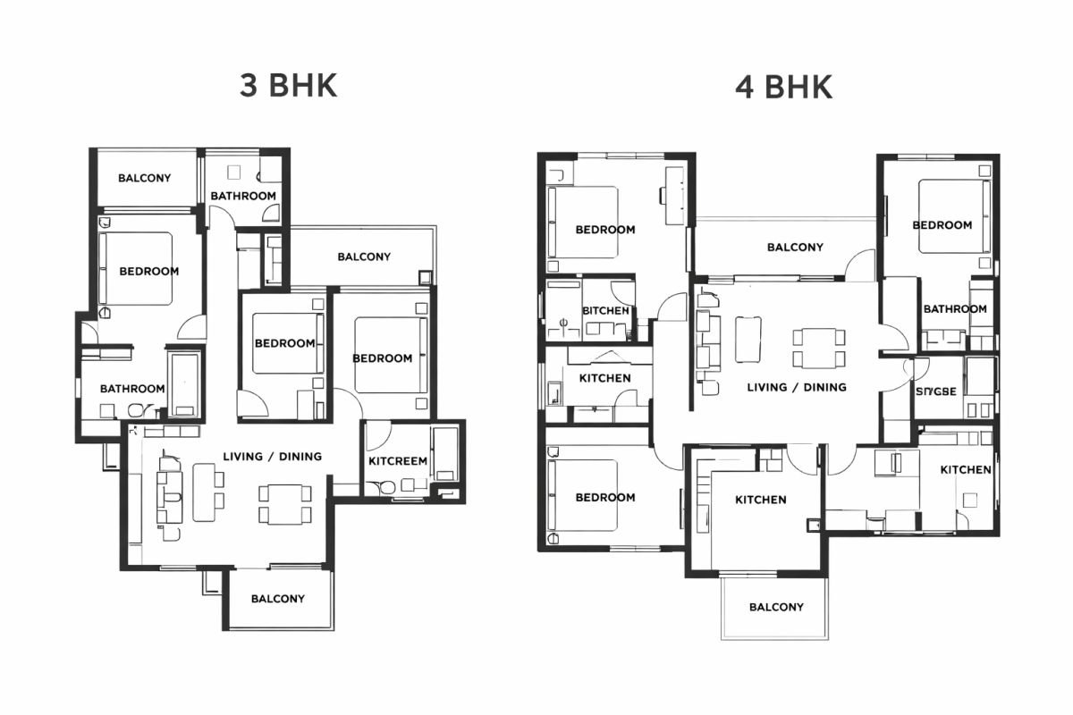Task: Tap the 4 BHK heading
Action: [x=783, y=88]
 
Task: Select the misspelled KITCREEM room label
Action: [x=398, y=461]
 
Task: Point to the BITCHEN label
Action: [x=605, y=310]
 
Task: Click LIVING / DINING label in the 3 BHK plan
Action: [x=272, y=456]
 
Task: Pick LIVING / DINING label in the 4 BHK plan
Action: [x=797, y=387]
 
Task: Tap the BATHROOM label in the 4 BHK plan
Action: [x=955, y=308]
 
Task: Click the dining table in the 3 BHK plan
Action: [x=285, y=502]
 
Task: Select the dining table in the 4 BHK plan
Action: [x=819, y=347]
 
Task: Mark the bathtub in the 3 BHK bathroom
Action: [x=185, y=383]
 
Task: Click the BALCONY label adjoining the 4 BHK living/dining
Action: [x=795, y=247]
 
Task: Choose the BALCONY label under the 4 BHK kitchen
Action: [x=776, y=607]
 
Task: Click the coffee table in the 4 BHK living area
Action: [x=748, y=340]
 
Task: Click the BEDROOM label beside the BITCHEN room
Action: [x=605, y=229]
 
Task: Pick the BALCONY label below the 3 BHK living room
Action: [x=277, y=599]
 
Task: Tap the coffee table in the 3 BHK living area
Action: [x=203, y=492]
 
